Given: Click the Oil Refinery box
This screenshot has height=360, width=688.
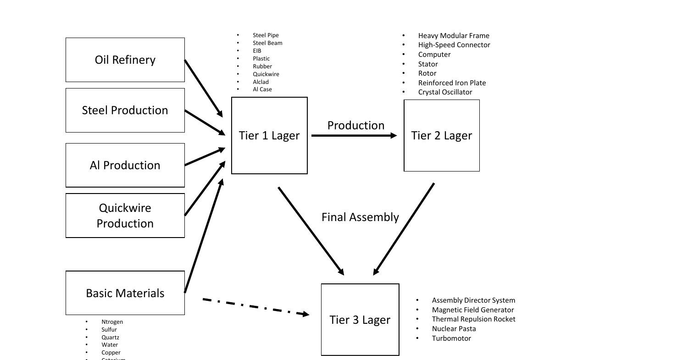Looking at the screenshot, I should coord(125,60).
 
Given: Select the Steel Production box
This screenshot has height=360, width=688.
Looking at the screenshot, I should coord(125,111).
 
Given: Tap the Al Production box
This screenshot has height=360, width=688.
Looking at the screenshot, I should coord(125,166).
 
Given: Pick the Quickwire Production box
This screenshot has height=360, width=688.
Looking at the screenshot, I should coord(125,216).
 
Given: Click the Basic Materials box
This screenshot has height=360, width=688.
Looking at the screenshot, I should coord(125,293).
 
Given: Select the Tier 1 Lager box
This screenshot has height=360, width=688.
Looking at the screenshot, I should coord(269,136).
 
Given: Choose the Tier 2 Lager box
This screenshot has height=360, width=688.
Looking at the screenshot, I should coord(441,136).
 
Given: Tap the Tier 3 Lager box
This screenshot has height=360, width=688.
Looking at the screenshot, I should coord(360,320).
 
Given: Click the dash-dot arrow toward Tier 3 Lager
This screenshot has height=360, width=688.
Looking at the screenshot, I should coord(256,307).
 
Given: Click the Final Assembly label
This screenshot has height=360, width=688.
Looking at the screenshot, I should coord(360,217).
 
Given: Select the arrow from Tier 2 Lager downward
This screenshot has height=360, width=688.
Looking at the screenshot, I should coord(404,229).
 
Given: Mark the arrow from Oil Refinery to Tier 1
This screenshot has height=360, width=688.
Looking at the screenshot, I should coord(203,88).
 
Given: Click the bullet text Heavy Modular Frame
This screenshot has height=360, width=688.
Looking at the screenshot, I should coord(453,36).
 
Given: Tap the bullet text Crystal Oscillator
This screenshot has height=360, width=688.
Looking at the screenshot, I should coord(445,92).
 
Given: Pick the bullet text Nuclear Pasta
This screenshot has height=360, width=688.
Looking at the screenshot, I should coord(454,329).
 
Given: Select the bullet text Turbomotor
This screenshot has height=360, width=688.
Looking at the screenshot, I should coord(451,338).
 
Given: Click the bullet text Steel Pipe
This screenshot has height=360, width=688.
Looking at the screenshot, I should coord(266,35).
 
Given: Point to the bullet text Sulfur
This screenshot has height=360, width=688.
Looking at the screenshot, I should coord(109,329).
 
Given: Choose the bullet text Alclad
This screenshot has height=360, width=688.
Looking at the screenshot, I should coord(261,82).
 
